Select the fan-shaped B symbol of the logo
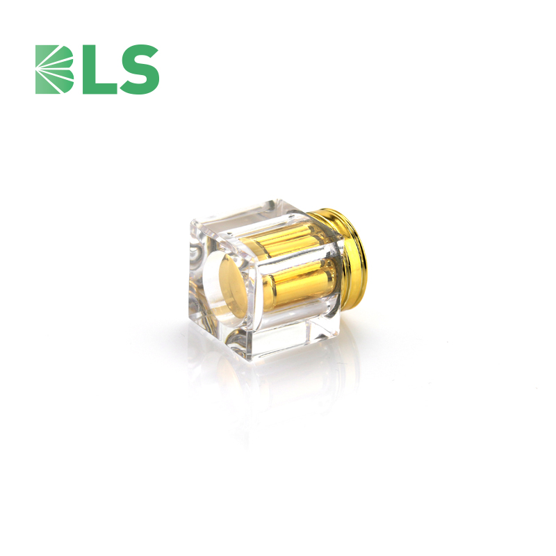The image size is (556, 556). (x=54, y=69)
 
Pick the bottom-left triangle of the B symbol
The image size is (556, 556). (x=42, y=84)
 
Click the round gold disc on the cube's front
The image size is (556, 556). (x=233, y=286)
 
